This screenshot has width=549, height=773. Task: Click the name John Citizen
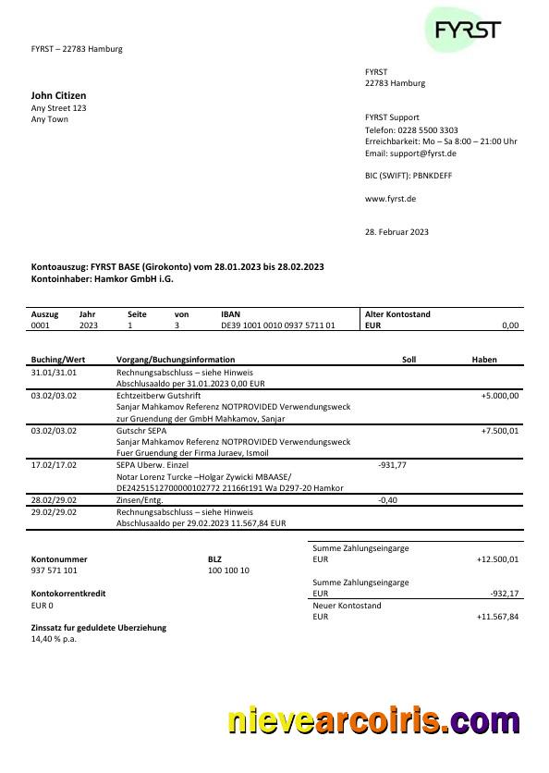pos(59,95)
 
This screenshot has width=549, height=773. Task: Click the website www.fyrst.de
pos(390,199)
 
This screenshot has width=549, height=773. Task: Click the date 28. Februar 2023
pos(396,232)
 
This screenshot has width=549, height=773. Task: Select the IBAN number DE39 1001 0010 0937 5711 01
pos(277,325)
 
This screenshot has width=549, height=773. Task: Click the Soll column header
pos(409,359)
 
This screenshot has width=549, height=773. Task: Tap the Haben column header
pos(484,359)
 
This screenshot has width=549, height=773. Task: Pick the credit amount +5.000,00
pos(500,396)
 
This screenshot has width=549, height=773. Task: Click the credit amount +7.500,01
pos(500,431)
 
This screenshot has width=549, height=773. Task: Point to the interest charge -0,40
pos(388,499)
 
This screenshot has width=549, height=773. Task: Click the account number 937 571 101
pos(55,571)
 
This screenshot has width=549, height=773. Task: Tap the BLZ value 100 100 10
pos(228,571)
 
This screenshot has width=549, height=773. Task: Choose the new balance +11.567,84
pos(497,616)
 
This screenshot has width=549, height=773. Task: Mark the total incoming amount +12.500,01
pos(497,559)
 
